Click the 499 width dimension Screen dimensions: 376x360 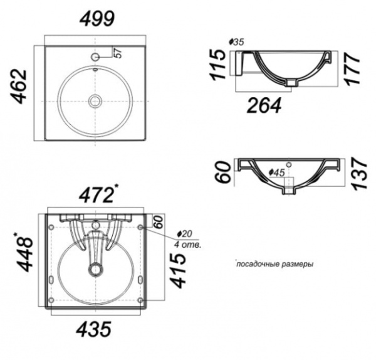click(x=97, y=19)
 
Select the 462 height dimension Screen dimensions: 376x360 click(x=18, y=87)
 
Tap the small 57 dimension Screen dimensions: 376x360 click(x=118, y=53)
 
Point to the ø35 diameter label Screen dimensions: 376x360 click(x=236, y=42)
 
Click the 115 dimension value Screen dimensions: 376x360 click(x=218, y=65)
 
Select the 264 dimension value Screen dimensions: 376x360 click(x=264, y=105)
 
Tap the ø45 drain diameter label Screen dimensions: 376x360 click(x=277, y=172)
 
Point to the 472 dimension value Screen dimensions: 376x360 click(x=97, y=195)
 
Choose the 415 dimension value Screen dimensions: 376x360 click(x=178, y=270)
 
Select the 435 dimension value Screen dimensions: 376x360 click(x=94, y=329)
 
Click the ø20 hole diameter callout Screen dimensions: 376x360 click(x=184, y=234)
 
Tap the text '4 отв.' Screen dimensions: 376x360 click(x=187, y=245)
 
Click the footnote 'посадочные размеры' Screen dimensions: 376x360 click(x=275, y=264)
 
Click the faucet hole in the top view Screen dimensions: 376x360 click(x=95, y=57)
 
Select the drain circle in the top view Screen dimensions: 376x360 click(x=95, y=101)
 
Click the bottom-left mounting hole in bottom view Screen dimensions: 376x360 click(x=51, y=300)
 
